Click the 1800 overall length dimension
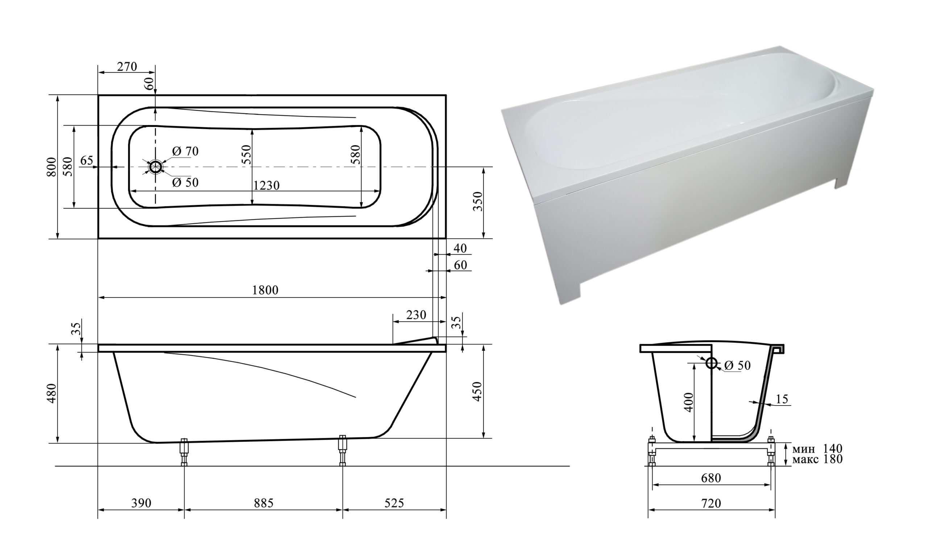265,290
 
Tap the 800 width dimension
52,167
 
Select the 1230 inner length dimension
266,185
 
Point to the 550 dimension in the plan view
246,155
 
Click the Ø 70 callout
185,151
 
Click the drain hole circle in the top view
156,167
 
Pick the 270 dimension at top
127,67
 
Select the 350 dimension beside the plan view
478,201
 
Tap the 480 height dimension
52,394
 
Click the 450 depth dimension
477,392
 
